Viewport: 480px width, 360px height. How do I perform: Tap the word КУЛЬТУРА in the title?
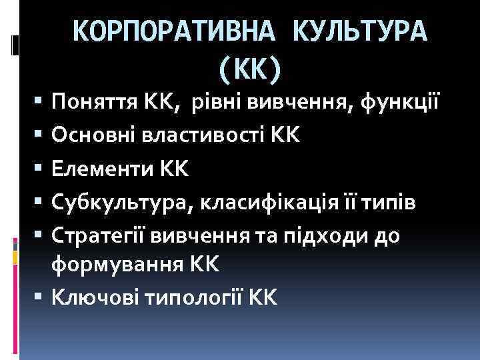[359, 31]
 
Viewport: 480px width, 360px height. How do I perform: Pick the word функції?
[400, 103]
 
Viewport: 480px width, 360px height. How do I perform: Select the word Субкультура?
[120, 203]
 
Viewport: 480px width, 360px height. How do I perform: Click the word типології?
[197, 298]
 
